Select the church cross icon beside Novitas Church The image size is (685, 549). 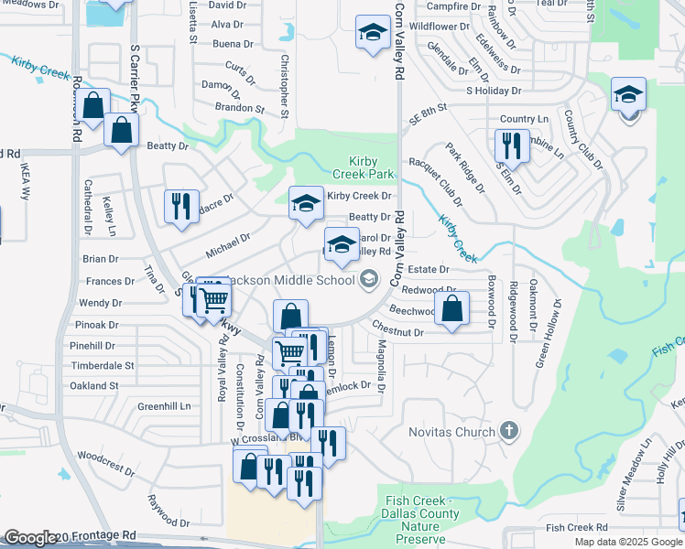click(511, 431)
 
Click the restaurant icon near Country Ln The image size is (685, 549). click(510, 145)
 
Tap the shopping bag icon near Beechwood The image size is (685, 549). click(452, 307)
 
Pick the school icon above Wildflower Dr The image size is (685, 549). click(372, 34)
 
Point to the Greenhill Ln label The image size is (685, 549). click(165, 405)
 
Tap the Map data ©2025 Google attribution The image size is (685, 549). click(628, 542)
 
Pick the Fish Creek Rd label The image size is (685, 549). click(576, 528)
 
